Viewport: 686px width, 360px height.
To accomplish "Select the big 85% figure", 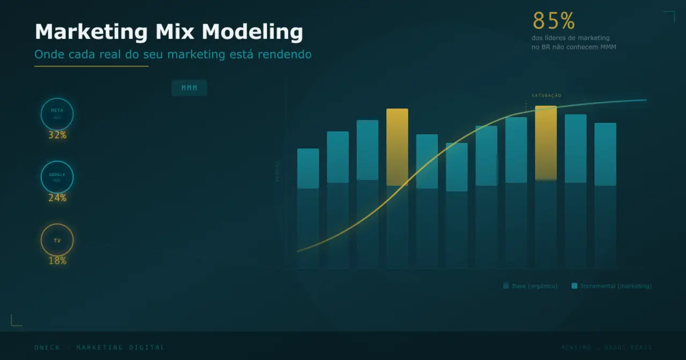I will (x=554, y=21).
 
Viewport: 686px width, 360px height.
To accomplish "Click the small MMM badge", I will (x=189, y=88).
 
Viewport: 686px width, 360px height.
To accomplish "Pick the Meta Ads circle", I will (x=57, y=114).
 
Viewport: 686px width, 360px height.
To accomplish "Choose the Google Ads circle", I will (x=57, y=177).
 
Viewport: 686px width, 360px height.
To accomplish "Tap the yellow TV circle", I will (x=57, y=240).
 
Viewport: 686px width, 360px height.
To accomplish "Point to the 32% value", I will (x=57, y=136).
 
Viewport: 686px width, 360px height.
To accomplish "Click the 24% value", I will (x=57, y=198).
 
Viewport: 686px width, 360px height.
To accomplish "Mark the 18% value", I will (x=57, y=261).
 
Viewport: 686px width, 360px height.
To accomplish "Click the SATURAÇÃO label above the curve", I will (x=546, y=96).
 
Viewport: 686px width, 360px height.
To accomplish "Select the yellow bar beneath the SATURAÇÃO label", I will (x=546, y=142).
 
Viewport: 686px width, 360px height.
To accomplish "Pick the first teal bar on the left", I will (x=308, y=168).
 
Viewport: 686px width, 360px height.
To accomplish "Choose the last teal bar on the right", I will (x=605, y=154).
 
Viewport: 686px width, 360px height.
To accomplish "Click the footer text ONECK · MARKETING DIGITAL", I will (x=100, y=348).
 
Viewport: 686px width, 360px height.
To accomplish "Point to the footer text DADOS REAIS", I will (x=628, y=348).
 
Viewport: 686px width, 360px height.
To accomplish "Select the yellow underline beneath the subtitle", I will (x=91, y=66).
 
